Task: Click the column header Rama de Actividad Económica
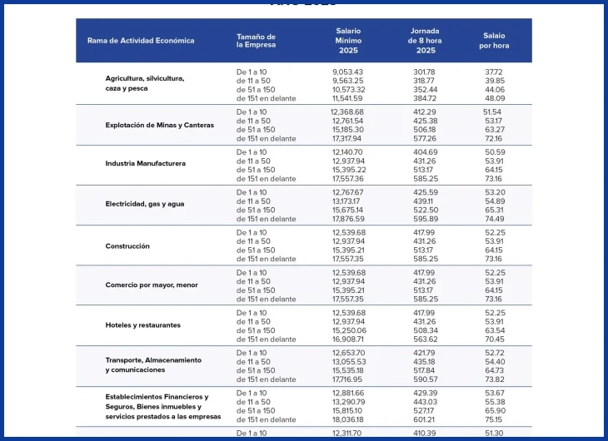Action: [x=141, y=41]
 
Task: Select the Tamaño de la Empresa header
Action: [x=256, y=41]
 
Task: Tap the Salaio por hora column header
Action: [x=494, y=41]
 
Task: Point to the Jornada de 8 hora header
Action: [x=425, y=41]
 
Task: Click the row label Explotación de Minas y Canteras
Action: [x=159, y=125]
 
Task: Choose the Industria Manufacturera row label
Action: [x=146, y=164]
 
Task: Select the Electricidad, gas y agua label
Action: [x=145, y=204]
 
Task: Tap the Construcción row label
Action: [x=127, y=246]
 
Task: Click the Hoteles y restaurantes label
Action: [x=142, y=325]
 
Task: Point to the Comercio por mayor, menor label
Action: [x=152, y=285]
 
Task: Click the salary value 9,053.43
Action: [x=347, y=72]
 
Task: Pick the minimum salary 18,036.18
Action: [x=348, y=419]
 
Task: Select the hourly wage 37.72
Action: [x=494, y=72]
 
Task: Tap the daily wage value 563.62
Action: [x=426, y=339]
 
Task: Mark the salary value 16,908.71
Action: [x=348, y=339]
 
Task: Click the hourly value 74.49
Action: [x=495, y=219]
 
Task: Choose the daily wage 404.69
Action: [x=426, y=152]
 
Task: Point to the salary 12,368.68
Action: [x=347, y=112]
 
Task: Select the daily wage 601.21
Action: [x=424, y=419]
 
